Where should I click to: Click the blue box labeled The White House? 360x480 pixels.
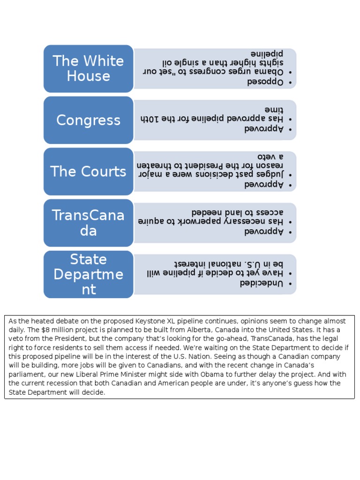[x=88, y=68]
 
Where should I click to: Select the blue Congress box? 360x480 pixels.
[x=88, y=120]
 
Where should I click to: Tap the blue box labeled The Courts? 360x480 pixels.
[x=88, y=172]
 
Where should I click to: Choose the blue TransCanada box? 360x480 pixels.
[x=88, y=223]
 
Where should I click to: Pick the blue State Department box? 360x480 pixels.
[x=88, y=274]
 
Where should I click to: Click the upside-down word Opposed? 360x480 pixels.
[x=266, y=82]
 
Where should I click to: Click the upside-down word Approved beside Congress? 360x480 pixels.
[x=264, y=128]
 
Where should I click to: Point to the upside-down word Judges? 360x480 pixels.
[x=271, y=174]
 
